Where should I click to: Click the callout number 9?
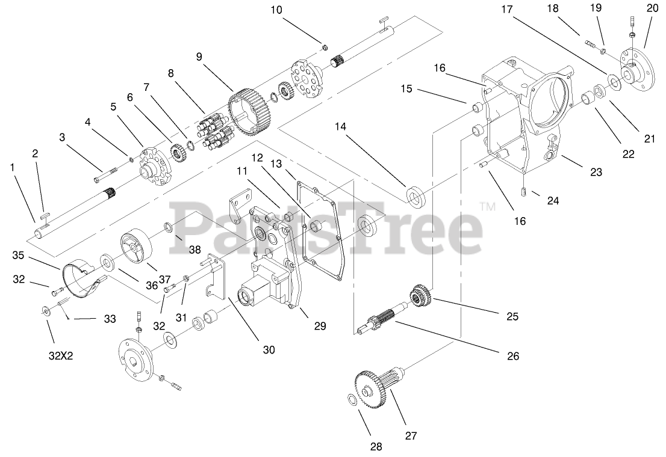199,57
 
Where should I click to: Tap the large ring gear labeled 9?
250,112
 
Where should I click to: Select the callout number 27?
411,435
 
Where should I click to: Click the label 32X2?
61,356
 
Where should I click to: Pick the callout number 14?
340,126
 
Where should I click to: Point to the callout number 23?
596,172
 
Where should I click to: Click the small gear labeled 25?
421,296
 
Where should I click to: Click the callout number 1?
13,168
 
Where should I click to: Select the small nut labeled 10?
325,47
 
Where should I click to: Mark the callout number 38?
195,250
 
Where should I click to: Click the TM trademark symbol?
488,206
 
